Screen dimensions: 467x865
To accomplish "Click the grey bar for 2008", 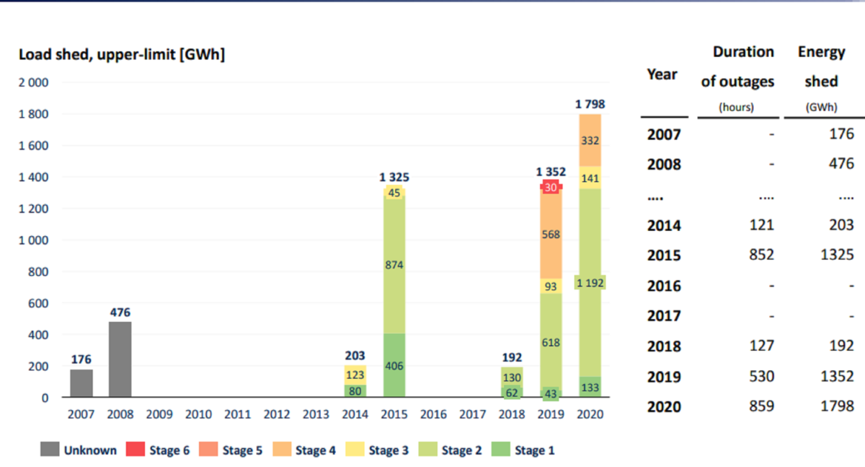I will [x=120, y=359].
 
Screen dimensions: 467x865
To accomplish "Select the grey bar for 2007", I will [x=81, y=383].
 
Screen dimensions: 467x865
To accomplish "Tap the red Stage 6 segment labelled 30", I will [x=551, y=186].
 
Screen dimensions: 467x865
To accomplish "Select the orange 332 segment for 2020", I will [x=590, y=140].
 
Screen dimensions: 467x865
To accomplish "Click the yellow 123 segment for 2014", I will [x=355, y=375].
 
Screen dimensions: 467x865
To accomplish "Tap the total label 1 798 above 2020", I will [x=590, y=104].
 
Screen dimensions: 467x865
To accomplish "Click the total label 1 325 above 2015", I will [x=394, y=177].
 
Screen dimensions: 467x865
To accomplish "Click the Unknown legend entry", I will [x=79, y=450].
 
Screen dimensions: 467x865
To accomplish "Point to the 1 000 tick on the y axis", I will [x=33, y=240].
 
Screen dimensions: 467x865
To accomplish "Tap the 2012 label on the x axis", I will [x=277, y=414].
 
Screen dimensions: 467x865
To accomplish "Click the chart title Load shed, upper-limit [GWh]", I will [x=121, y=55].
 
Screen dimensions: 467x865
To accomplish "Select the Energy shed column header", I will [x=821, y=66].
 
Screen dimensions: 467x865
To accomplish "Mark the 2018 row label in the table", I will [x=664, y=346].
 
